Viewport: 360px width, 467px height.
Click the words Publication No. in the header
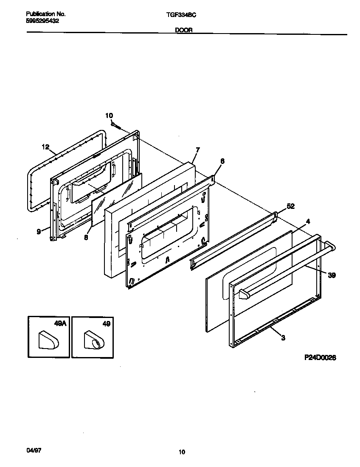coord(45,14)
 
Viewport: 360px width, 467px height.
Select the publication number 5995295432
coord(42,20)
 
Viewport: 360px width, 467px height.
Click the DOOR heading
coord(183,31)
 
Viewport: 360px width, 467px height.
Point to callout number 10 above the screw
coord(109,115)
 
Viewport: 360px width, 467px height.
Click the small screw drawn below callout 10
coord(117,125)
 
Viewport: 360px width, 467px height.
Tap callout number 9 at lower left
coord(39,231)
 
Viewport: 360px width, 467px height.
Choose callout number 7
coord(197,149)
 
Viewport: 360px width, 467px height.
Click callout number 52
coord(290,206)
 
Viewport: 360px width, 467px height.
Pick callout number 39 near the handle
coord(332,275)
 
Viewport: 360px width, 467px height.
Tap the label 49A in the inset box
coord(61,324)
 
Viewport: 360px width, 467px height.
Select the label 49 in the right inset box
coord(106,324)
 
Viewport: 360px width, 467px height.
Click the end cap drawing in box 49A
coord(48,340)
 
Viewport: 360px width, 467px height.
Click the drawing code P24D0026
coord(320,358)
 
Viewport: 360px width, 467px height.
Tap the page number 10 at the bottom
coord(182,452)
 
